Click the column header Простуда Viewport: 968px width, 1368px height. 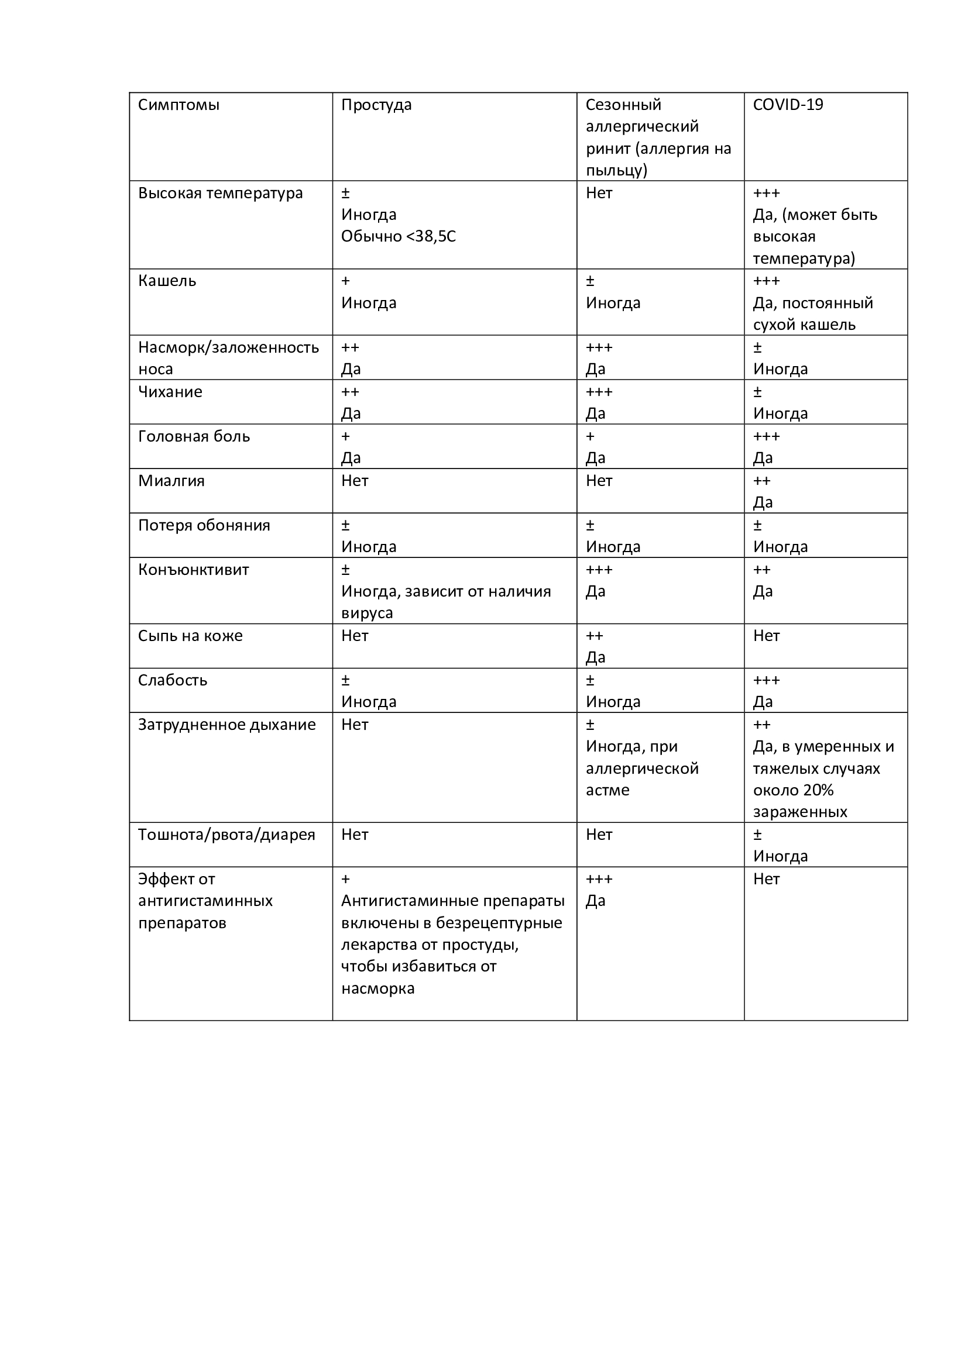tap(376, 105)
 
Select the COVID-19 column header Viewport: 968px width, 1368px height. tap(787, 105)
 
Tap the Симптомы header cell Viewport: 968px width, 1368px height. tap(179, 105)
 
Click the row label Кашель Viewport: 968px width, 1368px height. tap(167, 281)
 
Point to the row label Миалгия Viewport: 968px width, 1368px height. tap(171, 481)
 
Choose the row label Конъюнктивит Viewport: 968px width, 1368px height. tap(193, 570)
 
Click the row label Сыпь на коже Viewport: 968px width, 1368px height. tap(190, 636)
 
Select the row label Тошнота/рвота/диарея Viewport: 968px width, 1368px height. tap(226, 835)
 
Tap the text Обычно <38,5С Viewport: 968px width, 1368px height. tap(398, 236)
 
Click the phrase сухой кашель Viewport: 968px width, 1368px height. tap(804, 325)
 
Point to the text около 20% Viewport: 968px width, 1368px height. tap(793, 790)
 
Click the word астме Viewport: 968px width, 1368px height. tap(607, 790)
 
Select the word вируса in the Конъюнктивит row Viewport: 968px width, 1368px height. tap(366, 613)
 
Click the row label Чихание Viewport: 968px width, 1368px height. tap(170, 392)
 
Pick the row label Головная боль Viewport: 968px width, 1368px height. tap(194, 437)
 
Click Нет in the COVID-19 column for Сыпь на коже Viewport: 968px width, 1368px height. tap(766, 636)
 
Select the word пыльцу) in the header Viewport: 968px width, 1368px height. tap(616, 170)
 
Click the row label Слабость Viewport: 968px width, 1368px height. tap(172, 680)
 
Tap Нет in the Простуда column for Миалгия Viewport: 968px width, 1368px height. tap(355, 481)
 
